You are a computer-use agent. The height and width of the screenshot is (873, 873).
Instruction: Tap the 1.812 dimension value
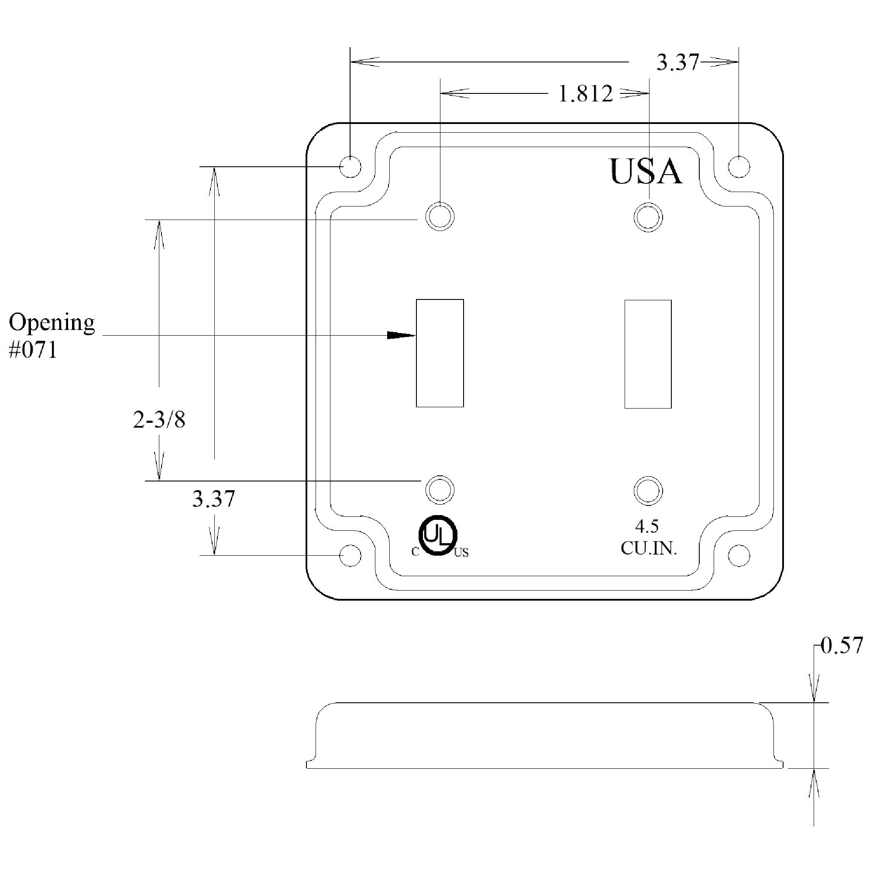pos(586,94)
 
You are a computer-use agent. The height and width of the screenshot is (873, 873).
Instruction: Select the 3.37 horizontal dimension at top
pos(677,62)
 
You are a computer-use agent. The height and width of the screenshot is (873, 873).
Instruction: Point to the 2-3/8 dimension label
pos(159,420)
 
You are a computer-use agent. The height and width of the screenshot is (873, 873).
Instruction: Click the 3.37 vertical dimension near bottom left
pos(214,499)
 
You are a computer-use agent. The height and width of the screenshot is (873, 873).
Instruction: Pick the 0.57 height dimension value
pos(842,646)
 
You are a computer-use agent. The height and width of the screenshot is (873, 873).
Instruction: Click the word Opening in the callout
pos(52,323)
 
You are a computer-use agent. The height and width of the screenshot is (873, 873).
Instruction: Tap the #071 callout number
pos(33,350)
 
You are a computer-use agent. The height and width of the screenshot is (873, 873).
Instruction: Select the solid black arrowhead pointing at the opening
pos(400,335)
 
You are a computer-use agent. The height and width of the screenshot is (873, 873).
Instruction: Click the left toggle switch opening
pos(440,353)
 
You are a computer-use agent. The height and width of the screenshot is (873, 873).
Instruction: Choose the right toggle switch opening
pos(647,354)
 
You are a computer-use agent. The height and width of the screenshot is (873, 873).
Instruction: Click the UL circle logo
pos(438,535)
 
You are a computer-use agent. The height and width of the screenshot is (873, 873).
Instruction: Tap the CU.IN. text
pos(649,548)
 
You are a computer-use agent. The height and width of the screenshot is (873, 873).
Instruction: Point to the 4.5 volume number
pos(647,526)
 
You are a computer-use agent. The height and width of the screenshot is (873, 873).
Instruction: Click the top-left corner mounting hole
pos(350,167)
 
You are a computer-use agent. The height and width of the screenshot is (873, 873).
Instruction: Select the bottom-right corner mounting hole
pos(739,555)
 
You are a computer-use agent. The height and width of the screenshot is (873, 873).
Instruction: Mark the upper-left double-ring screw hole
pos(440,217)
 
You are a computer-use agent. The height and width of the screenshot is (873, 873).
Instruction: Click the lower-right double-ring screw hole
pos(648,491)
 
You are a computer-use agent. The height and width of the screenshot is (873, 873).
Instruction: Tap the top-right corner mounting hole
pos(739,167)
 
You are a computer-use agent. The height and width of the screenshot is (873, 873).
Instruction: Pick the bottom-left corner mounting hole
pos(350,555)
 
